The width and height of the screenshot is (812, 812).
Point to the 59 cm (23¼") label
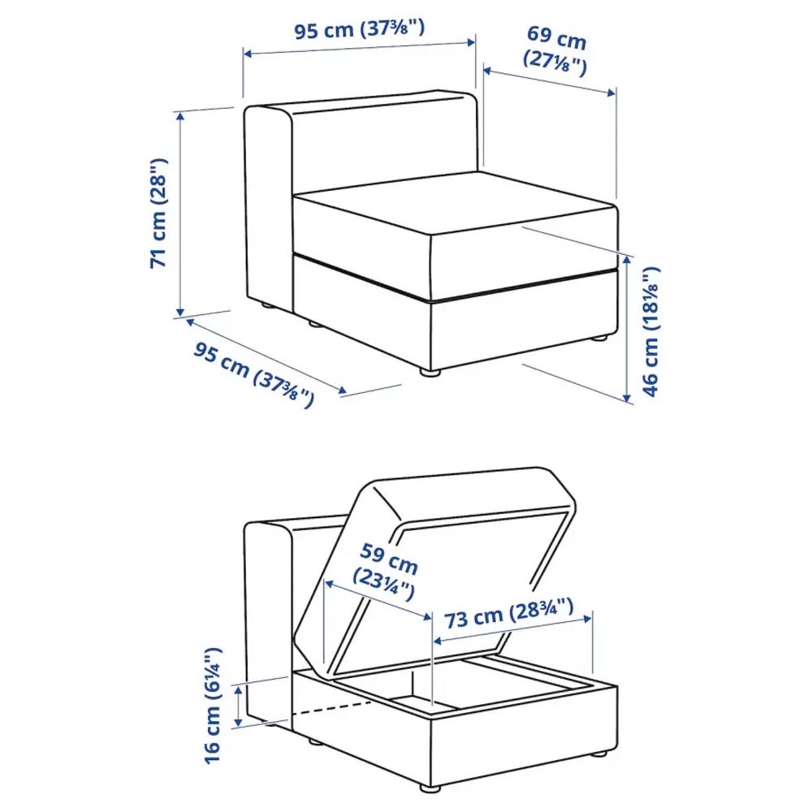tap(386, 570)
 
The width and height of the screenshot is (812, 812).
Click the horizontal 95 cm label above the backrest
tap(359, 31)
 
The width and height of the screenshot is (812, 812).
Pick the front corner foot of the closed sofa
tap(430, 373)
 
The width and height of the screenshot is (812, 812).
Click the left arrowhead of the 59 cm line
tap(327, 582)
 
